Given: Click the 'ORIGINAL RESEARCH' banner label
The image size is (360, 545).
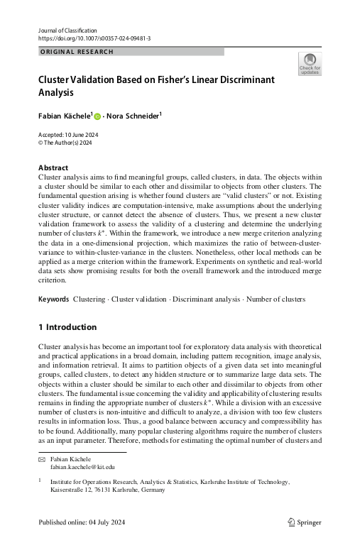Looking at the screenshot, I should click(74, 52).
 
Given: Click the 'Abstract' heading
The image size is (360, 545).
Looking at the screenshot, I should click(53, 167).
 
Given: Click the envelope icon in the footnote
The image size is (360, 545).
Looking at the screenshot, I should click(40, 460).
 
